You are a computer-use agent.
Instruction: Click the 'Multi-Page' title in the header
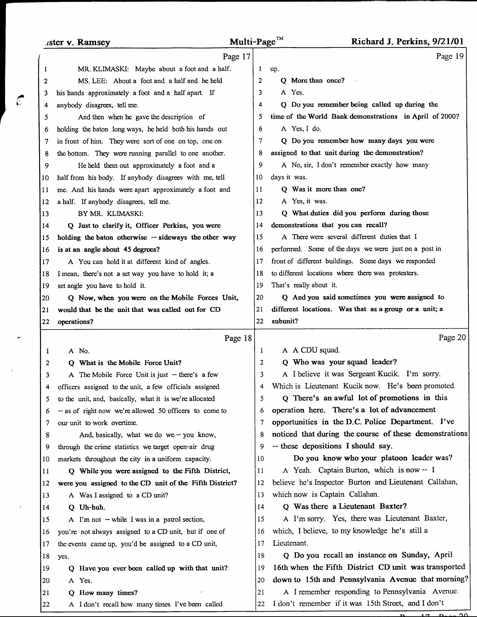point(252,42)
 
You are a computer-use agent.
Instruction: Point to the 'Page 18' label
point(238,338)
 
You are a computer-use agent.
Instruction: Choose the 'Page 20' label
point(452,337)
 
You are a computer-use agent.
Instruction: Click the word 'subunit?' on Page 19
point(285,321)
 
